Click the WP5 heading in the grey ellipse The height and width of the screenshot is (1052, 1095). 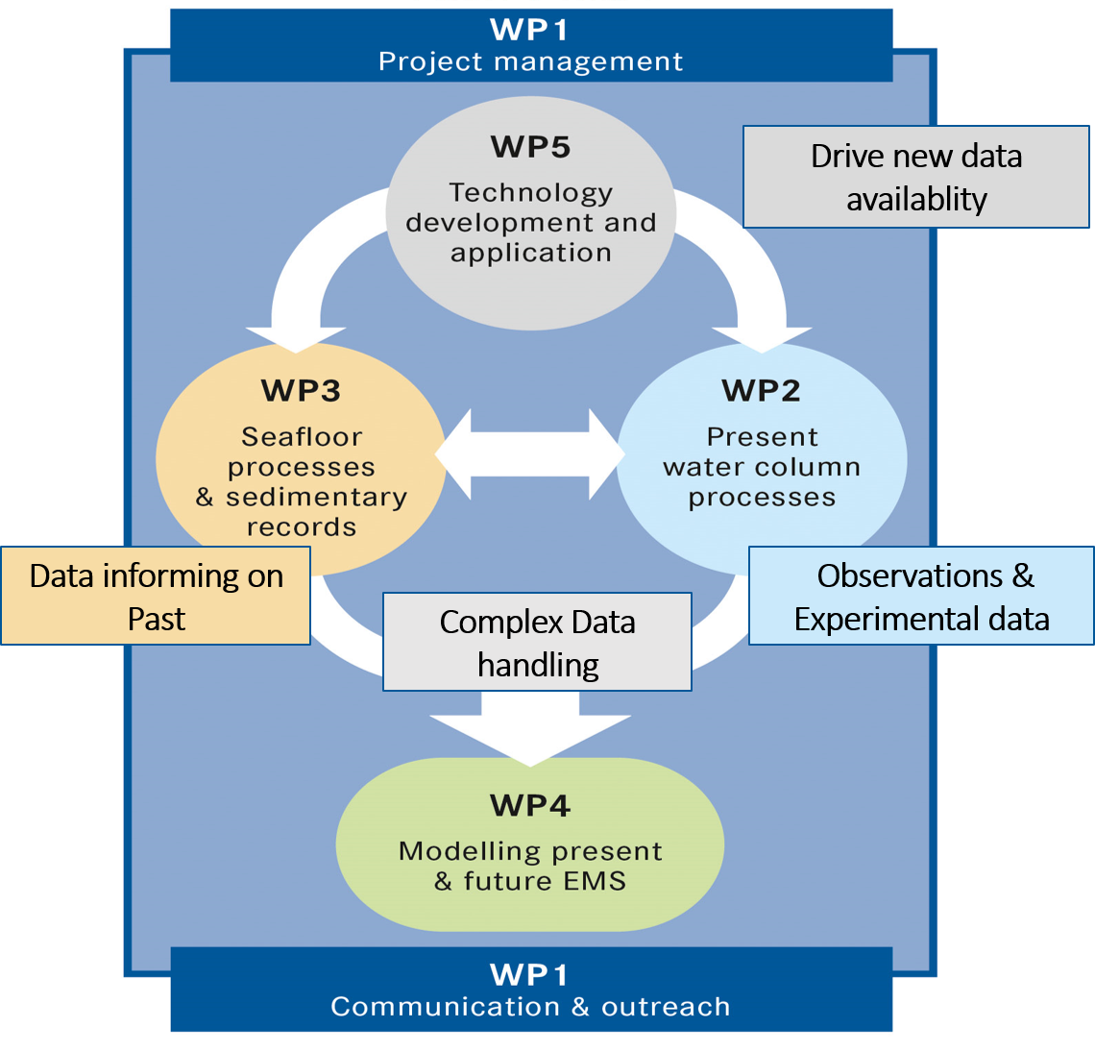(530, 147)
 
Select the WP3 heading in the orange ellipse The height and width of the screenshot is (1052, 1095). (301, 391)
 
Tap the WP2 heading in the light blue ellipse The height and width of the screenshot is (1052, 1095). (761, 391)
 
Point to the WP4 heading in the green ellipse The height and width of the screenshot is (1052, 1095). (530, 805)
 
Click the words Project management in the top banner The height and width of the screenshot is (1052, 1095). (530, 62)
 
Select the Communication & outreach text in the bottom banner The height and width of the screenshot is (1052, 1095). (530, 1007)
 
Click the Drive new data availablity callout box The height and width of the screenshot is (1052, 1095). (915, 177)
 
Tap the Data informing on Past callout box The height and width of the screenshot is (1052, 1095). (156, 596)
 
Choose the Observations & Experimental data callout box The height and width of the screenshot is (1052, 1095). (920, 596)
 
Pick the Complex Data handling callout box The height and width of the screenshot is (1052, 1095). (537, 642)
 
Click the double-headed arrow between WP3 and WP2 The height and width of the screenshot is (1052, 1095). (530, 454)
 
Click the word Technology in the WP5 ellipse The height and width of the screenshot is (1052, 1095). (530, 193)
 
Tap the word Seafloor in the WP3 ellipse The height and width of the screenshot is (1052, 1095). (302, 437)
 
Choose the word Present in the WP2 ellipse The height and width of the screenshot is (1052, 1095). (763, 437)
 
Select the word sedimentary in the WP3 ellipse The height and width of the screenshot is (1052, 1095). (316, 498)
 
